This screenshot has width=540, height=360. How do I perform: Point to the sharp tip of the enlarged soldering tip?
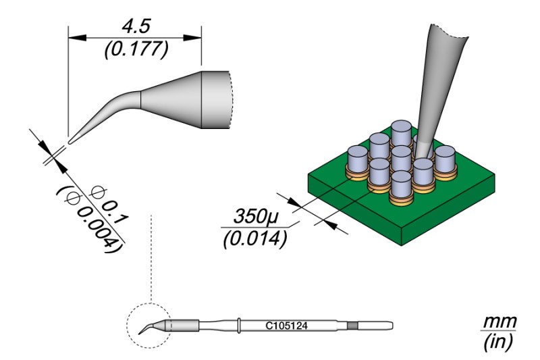coord(70,140)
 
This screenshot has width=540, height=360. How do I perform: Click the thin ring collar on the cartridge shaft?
coord(240,325)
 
